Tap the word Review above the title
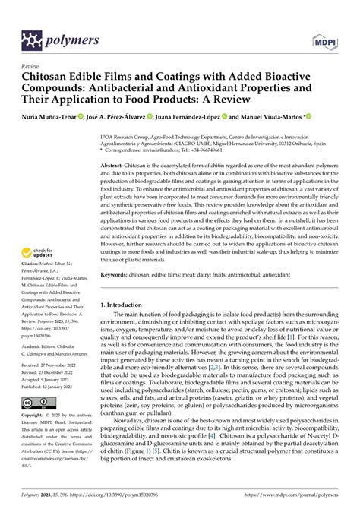[33, 67]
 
